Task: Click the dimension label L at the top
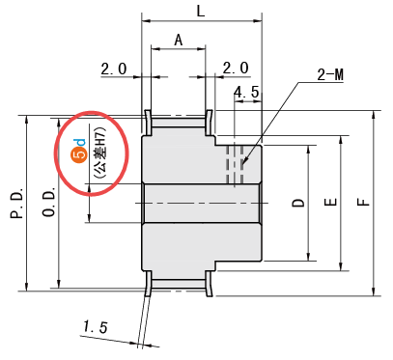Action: [x=201, y=12]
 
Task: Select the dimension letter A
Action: [x=179, y=41]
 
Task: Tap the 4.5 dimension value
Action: [x=246, y=93]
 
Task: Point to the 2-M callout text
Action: [x=330, y=75]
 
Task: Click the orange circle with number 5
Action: [x=81, y=153]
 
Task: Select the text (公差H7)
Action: [x=100, y=154]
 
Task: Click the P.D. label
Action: [x=17, y=204]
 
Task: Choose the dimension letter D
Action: [x=298, y=203]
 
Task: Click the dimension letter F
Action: [x=364, y=202]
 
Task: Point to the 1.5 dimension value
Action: [x=96, y=327]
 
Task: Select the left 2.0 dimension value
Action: [x=114, y=69]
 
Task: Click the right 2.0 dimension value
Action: [x=236, y=68]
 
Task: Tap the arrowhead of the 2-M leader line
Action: [x=244, y=162]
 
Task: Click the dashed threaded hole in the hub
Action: [x=235, y=165]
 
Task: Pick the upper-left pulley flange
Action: [x=148, y=123]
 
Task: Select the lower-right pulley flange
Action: [x=209, y=284]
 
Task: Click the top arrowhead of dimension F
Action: [x=374, y=114]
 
